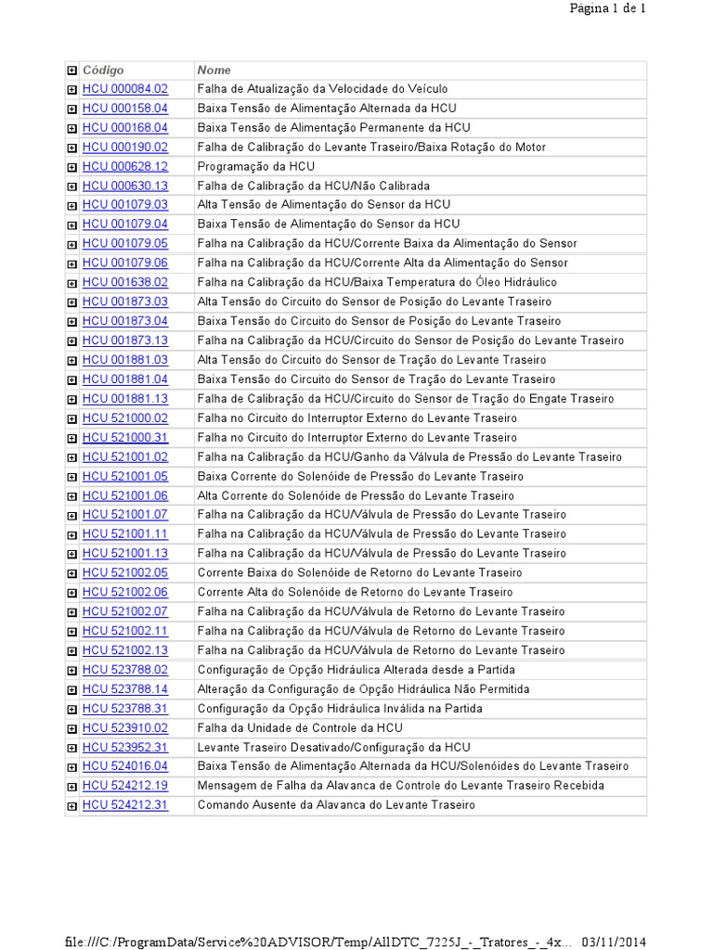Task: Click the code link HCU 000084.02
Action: pos(125,89)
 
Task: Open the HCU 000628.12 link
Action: pos(125,167)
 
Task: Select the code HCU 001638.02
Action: pos(125,282)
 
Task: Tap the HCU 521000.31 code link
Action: pos(125,438)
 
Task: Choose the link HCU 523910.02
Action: pos(125,728)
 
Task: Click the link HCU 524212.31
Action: pos(125,805)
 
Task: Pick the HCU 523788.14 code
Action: pos(125,689)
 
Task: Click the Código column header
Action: pos(103,71)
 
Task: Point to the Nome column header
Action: pos(214,71)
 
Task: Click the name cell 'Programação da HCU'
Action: pos(256,167)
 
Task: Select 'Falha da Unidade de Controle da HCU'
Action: pos(300,728)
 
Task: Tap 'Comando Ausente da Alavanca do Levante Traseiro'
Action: pos(336,805)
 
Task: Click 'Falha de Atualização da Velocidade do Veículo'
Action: pos(322,89)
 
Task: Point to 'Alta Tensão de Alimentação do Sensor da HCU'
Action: pos(324,205)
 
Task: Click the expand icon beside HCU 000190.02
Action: pos(72,148)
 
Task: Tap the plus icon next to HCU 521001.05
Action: pos(72,477)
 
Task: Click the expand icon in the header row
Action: pos(72,71)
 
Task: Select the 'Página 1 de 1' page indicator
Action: pos(608,8)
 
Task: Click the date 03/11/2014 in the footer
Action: pos(613,942)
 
